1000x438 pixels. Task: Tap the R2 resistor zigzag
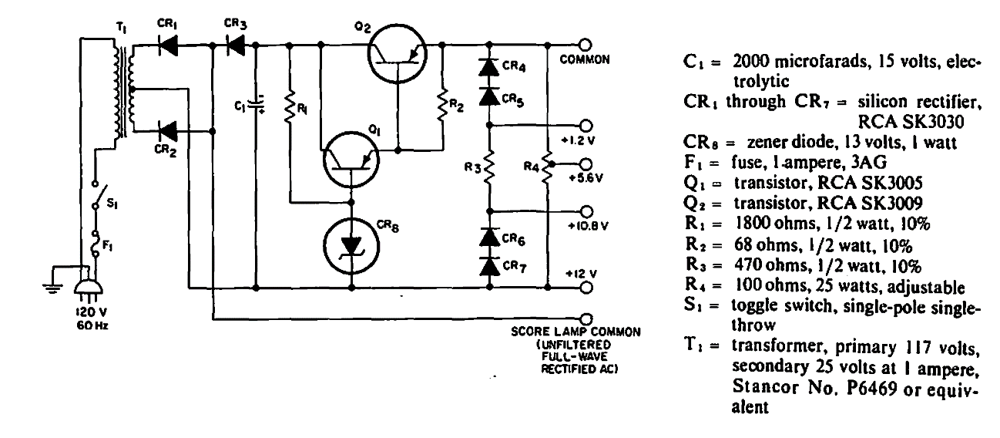pos(443,103)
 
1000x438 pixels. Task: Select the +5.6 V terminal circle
pos(586,164)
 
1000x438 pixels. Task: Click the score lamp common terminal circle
pos(586,318)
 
